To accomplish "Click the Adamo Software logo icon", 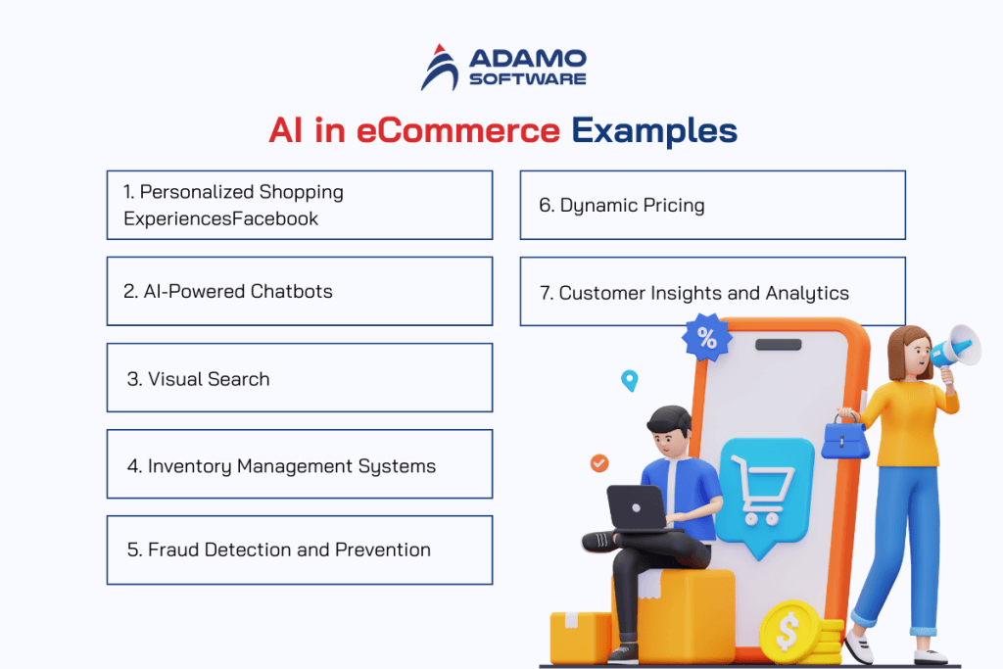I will pyautogui.click(x=441, y=67).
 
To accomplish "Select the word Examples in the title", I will pyautogui.click(x=653, y=131).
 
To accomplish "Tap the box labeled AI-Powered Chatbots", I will pyautogui.click(x=299, y=291).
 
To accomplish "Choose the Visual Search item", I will pyautogui.click(x=299, y=378).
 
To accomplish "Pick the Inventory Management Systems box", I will pyautogui.click(x=299, y=464).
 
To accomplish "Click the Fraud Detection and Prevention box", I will pyautogui.click(x=299, y=550).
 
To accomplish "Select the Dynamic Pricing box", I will pyautogui.click(x=712, y=205).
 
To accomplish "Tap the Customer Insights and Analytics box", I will pyautogui.click(x=712, y=292).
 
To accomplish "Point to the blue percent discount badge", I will pyautogui.click(x=706, y=338).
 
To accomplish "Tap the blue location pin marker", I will pyautogui.click(x=629, y=380).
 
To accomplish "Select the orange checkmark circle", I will pyautogui.click(x=599, y=462).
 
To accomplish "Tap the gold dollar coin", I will pyautogui.click(x=788, y=632).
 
